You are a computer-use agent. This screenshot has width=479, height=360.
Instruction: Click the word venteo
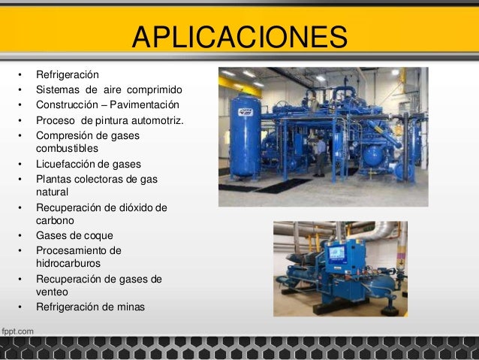[x=53, y=293]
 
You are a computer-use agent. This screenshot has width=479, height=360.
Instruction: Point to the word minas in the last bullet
[x=131, y=307]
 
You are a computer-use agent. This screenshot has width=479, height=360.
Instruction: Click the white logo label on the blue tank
[x=246, y=112]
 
